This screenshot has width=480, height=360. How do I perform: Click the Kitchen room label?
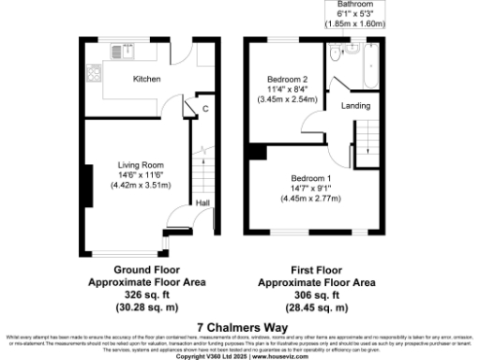[146, 79]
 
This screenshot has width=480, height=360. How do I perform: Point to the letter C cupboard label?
[204, 109]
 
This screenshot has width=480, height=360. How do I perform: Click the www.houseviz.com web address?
[287, 356]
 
